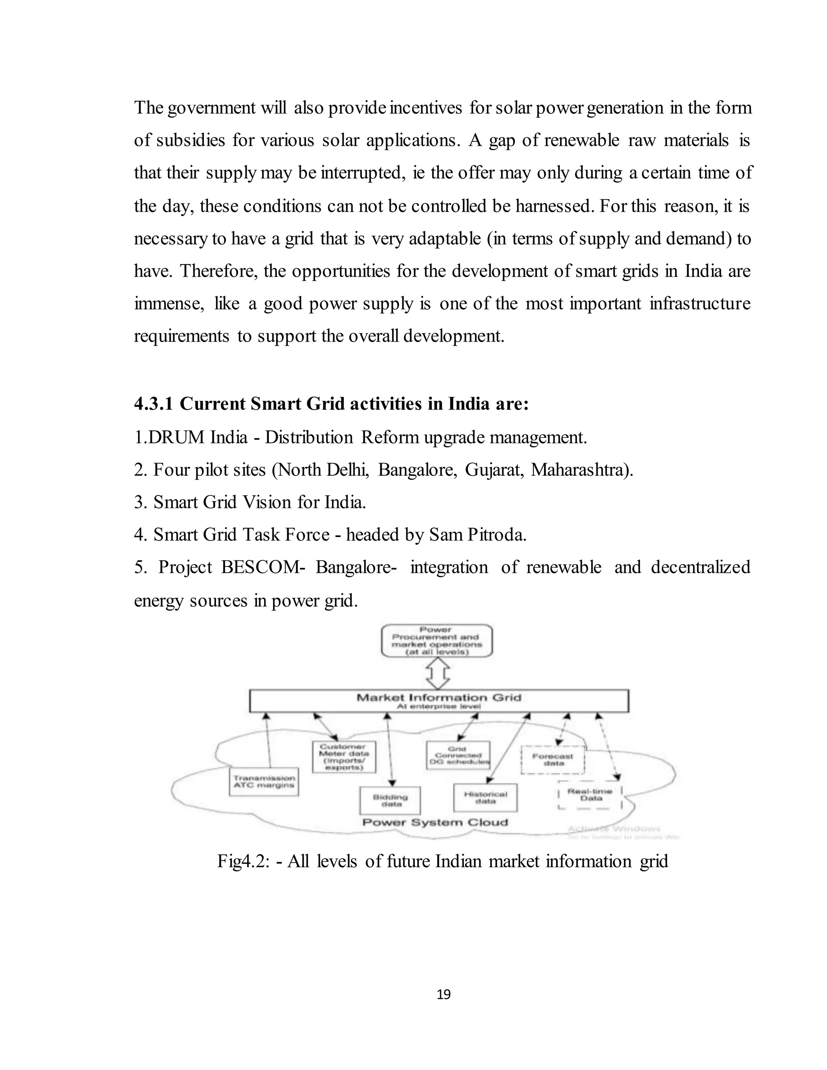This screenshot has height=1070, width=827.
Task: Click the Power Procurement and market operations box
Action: [437, 640]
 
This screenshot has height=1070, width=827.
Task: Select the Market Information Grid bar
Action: [439, 701]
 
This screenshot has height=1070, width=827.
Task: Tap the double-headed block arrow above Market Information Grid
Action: [438, 673]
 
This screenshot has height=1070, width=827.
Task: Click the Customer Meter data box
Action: [344, 757]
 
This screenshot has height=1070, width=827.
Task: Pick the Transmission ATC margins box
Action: [264, 781]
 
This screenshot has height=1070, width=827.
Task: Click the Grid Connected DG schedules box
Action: [458, 755]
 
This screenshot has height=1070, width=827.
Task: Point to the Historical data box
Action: [485, 797]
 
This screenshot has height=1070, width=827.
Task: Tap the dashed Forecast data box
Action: [553, 760]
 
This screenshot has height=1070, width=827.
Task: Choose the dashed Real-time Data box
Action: [590, 795]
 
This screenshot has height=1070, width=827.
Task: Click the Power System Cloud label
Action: [434, 822]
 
